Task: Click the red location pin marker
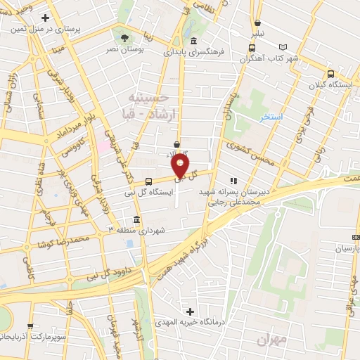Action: tap(181, 167)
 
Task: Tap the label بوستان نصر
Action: tap(122, 50)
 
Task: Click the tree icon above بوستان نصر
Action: tap(124, 38)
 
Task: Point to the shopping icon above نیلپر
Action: tap(258, 22)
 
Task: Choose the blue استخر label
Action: tap(271, 117)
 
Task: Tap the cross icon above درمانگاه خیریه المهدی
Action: tap(189, 311)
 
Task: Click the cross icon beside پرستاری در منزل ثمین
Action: tap(45, 18)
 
